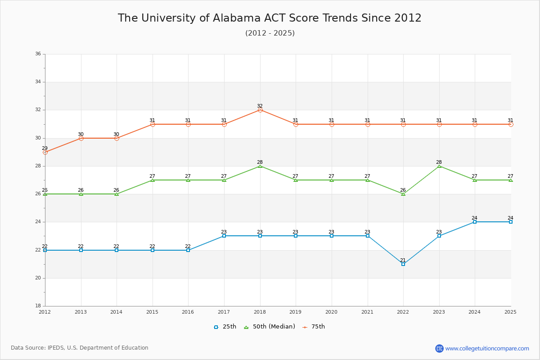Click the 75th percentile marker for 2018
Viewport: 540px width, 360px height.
click(260, 110)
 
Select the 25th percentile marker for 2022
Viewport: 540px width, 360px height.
click(403, 264)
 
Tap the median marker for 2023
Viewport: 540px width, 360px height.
click(439, 166)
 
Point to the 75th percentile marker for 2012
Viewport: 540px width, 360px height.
click(45, 152)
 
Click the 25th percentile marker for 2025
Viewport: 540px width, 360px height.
click(511, 222)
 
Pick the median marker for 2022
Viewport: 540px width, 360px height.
click(403, 194)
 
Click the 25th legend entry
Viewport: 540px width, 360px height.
click(225, 327)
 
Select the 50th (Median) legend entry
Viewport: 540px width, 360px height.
click(269, 327)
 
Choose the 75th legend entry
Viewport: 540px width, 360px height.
click(314, 327)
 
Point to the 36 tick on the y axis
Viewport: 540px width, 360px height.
click(38, 54)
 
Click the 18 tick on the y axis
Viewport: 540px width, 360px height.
click(38, 306)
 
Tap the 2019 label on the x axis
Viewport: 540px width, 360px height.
click(296, 312)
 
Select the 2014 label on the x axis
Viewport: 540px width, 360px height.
click(117, 312)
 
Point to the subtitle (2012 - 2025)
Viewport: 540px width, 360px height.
click(270, 33)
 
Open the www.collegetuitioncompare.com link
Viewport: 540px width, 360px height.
click(487, 348)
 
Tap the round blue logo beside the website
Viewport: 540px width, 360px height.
click(439, 348)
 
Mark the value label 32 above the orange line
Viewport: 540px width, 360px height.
click(260, 106)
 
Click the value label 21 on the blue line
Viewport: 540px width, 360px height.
click(403, 260)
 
